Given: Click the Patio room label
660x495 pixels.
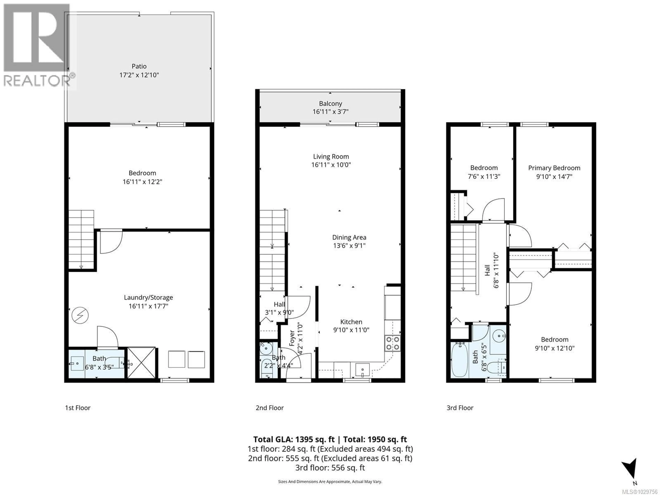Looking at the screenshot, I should click(139, 66).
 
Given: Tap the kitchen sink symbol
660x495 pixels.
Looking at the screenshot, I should click(362, 370).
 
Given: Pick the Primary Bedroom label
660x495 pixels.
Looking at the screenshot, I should click(554, 168).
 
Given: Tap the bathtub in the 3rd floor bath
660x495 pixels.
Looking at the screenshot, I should click(459, 360).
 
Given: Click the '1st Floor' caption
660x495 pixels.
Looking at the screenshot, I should click(78, 408).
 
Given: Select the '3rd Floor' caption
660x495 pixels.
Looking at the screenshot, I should click(460, 408).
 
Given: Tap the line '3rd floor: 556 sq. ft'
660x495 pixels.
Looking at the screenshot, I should click(330, 467).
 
